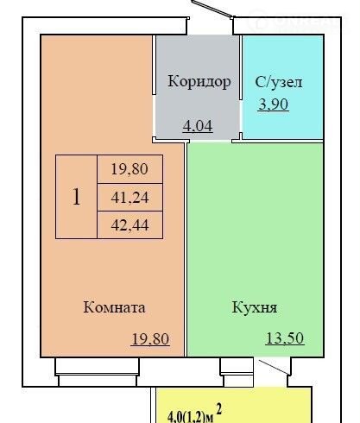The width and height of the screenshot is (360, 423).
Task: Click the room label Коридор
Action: pos(199,82)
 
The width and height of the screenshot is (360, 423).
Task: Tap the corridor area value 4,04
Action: pos(198,126)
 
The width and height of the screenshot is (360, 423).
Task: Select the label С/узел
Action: pos(279,82)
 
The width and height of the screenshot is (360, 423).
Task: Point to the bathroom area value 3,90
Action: pos(273,104)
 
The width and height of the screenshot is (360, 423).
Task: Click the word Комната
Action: pos(114,307)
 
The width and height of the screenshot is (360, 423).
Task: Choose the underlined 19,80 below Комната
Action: pos(150,338)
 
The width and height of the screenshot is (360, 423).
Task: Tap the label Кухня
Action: pos(255,307)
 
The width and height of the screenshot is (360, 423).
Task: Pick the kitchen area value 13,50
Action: pos(285,338)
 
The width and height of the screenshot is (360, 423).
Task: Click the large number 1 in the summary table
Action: pos(76,197)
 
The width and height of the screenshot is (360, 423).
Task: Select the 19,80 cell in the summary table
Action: pos(130,169)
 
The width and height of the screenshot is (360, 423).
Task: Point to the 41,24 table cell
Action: pos(130,198)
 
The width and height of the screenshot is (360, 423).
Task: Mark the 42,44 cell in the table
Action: pos(130,225)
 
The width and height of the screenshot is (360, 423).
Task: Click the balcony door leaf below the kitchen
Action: pos(274,367)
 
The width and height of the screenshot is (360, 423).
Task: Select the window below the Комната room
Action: pos(98,372)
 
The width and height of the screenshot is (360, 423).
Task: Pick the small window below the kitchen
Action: pos(237,372)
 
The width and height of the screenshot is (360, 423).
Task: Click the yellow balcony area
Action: pos(234,405)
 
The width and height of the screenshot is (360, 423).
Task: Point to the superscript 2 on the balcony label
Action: pos(219,409)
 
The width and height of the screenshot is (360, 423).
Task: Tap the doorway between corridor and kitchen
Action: pos(211,142)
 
